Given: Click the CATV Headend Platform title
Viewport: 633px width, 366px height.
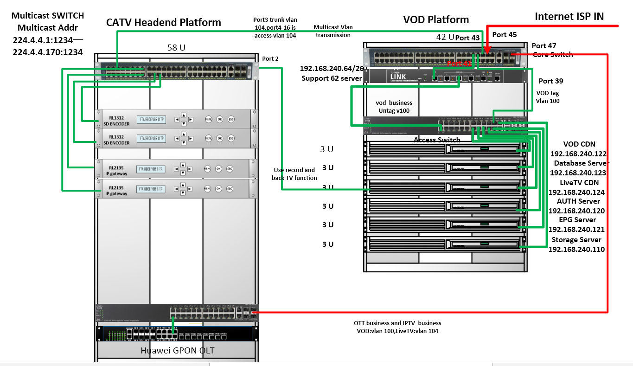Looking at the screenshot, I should point(164,22).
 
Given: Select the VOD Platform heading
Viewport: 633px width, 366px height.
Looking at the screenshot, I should point(436,19).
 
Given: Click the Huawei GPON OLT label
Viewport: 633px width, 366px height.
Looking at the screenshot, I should point(178,350).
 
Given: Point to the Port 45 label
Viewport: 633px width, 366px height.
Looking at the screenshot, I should point(504,35).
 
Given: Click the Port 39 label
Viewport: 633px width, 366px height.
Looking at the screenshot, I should point(550,81).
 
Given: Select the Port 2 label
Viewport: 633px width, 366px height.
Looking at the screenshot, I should point(270,58).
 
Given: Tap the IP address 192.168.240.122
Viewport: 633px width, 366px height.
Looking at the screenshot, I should point(578,154).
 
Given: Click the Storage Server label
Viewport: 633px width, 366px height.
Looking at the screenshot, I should point(576,240).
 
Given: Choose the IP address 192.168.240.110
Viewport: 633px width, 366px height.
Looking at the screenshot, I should point(576,249).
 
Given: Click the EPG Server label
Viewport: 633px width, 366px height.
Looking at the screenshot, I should point(577,220).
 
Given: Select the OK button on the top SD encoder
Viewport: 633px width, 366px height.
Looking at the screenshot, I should point(220,119).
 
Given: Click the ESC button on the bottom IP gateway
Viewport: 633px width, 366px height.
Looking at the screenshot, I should point(230,189).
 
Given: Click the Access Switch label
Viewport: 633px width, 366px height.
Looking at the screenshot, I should point(437,140).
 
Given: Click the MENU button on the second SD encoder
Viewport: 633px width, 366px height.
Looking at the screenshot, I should point(208,138).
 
